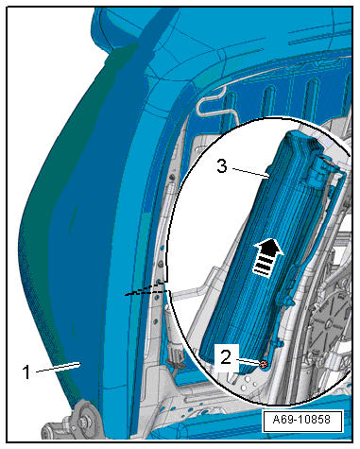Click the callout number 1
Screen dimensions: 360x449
pyautogui.click(x=27, y=371)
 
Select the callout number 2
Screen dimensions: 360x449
pyautogui.click(x=226, y=357)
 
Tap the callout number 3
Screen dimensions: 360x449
pyautogui.click(x=222, y=165)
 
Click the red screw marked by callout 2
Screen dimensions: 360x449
pyautogui.click(x=264, y=365)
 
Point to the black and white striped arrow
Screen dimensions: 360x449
pyautogui.click(x=267, y=257)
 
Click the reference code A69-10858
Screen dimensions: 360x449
pyautogui.click(x=301, y=420)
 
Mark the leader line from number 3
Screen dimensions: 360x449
pyautogui.click(x=250, y=173)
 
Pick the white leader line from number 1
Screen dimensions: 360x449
pyautogui.click(x=59, y=368)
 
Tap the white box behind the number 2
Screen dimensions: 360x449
pyautogui.click(x=226, y=358)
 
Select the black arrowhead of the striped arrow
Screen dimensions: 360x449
pyautogui.click(x=269, y=247)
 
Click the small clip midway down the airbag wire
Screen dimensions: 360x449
pyautogui.click(x=288, y=301)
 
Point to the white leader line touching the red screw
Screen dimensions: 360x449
pyautogui.click(x=248, y=361)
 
